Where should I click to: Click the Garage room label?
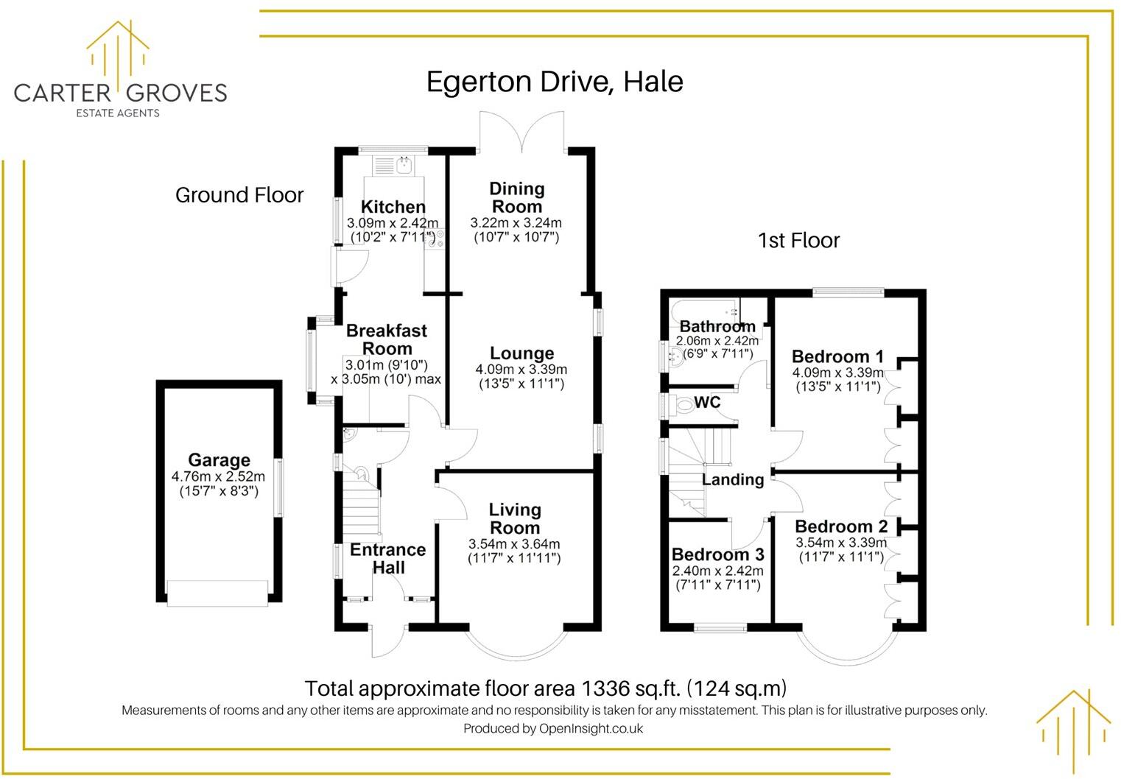pos(219,460)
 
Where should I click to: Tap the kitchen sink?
pos(404,165)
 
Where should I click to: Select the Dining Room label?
pos(517,197)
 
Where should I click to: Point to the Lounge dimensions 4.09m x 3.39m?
pos(521,370)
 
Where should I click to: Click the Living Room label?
pos(515,518)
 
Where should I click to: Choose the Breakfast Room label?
pos(387,339)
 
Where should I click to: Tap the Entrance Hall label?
pos(388,558)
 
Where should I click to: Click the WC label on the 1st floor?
pos(707,402)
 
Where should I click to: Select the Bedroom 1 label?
pos(837,356)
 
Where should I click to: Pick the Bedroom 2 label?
pos(841,526)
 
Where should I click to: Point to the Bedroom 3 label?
pos(718,554)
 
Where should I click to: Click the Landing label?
pos(733,479)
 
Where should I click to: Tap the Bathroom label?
pos(717,326)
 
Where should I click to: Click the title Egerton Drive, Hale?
pos(555,81)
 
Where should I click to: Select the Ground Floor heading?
pos(239,195)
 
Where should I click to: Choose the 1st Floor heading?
pos(799,240)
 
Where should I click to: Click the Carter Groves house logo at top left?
pos(118,55)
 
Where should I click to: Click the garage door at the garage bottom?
pos(217,593)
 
